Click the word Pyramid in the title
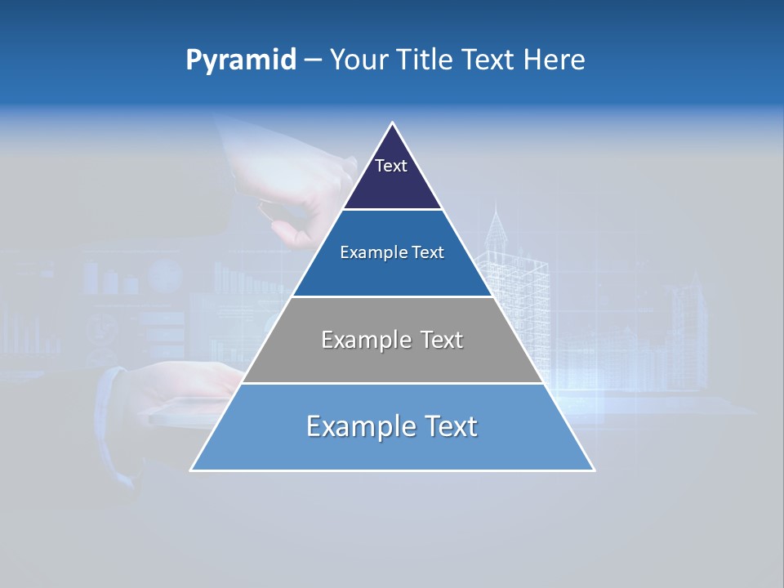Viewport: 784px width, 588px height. coord(241,60)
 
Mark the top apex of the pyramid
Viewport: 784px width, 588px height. coord(393,123)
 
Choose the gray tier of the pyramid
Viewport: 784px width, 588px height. coord(392,359)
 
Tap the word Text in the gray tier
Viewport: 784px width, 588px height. coord(442,340)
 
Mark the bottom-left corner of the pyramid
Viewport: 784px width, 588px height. coord(192,470)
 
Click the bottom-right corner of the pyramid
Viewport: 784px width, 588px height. coord(594,470)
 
